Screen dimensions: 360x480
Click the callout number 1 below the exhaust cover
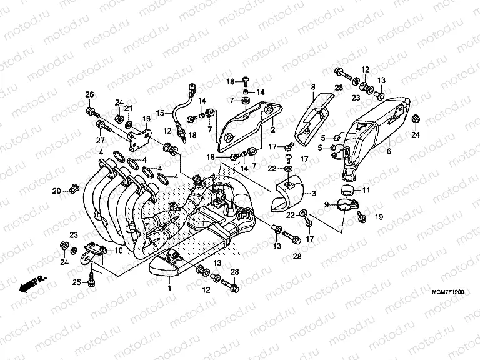click(x=168, y=289)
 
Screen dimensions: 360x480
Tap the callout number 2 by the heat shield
click(x=272, y=130)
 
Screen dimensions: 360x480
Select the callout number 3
click(x=313, y=194)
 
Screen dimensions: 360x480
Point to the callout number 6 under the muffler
click(x=388, y=151)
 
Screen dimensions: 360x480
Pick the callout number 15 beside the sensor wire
click(x=160, y=112)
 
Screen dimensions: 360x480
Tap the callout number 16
click(x=147, y=117)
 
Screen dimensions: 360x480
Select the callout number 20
click(x=56, y=190)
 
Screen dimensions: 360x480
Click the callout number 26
click(x=89, y=94)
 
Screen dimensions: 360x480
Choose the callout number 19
click(x=378, y=217)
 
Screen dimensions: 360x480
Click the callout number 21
click(x=129, y=108)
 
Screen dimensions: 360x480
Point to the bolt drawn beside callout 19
click(x=361, y=215)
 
